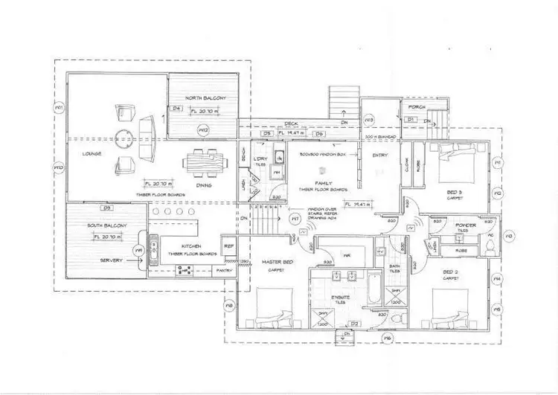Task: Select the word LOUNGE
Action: [92, 153]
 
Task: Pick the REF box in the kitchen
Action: [229, 246]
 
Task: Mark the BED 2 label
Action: [451, 273]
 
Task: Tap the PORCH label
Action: [417, 107]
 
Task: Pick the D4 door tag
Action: [177, 109]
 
